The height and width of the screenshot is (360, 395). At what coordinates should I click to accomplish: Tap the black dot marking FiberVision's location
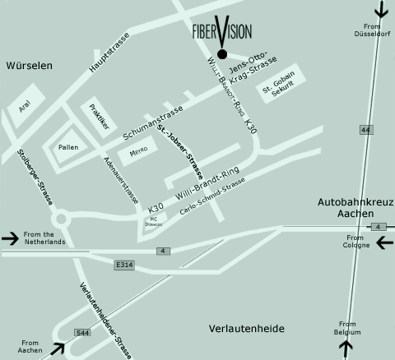click(x=221, y=56)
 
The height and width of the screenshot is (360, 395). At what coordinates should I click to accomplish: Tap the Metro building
click(x=137, y=153)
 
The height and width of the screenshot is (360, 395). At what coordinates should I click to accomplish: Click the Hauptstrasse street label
click(x=105, y=54)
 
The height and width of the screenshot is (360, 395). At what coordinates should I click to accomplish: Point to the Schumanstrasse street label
click(x=154, y=125)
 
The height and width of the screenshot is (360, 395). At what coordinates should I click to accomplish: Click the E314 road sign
click(x=124, y=265)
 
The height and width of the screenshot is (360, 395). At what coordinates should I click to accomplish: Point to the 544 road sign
click(x=82, y=333)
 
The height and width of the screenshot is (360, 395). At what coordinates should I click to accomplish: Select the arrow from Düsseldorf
click(x=380, y=11)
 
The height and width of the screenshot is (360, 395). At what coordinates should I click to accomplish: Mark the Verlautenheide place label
click(x=247, y=328)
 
